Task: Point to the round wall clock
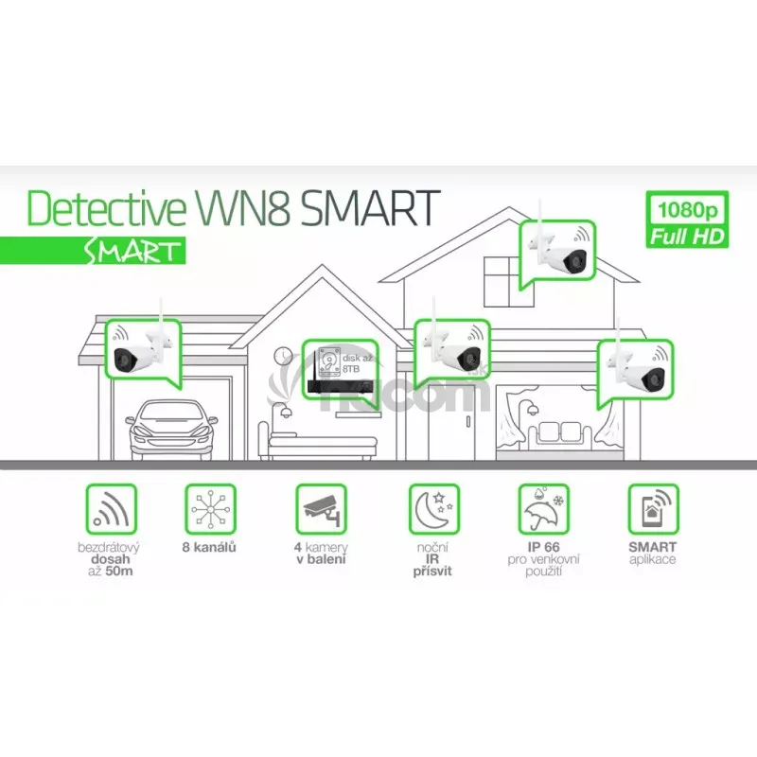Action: tap(283, 356)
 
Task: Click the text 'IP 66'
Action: tap(542, 548)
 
